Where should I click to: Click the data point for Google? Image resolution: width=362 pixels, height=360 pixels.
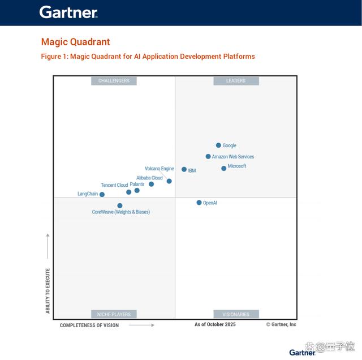(218, 145)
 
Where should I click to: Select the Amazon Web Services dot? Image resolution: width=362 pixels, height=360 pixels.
(208, 156)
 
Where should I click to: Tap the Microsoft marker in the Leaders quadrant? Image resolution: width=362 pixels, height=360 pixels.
(224, 169)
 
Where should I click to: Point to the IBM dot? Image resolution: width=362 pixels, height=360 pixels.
(184, 169)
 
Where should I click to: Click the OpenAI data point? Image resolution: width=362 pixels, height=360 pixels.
(199, 203)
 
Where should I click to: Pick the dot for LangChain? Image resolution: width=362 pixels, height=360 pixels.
(102, 195)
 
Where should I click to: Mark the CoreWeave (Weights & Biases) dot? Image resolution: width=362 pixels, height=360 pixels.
(120, 205)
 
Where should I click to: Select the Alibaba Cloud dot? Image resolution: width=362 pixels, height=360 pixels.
(151, 184)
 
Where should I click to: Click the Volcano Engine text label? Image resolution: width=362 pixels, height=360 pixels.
(160, 169)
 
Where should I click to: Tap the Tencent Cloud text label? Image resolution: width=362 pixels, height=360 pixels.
(114, 185)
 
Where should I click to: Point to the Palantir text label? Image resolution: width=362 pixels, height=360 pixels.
(137, 184)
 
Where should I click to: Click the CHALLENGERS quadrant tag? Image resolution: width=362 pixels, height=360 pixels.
(114, 81)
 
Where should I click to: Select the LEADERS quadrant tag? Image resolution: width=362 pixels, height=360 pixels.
(236, 81)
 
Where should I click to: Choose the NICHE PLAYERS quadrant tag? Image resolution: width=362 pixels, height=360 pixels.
(114, 314)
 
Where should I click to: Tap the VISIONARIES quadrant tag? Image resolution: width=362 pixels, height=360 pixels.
(236, 314)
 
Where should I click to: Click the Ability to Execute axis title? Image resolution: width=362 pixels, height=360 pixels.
(48, 291)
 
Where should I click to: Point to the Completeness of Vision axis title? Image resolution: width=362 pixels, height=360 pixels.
(89, 325)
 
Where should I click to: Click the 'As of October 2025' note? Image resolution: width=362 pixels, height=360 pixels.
(215, 324)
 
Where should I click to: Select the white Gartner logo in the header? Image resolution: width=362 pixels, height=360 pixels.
(68, 12)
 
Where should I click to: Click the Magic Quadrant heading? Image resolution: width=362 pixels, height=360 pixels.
(75, 42)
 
